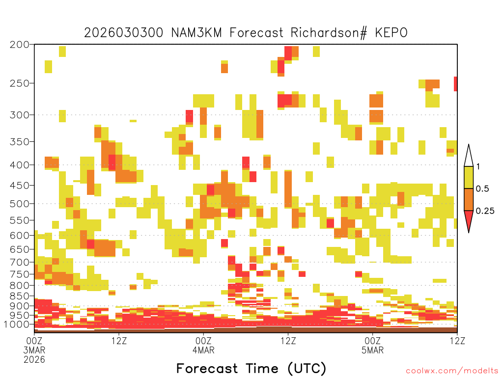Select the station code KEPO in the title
391,33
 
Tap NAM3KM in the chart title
196,33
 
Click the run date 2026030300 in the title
123,33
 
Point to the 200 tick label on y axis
20,45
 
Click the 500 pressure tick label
20,204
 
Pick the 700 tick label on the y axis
20,262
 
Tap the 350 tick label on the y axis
20,142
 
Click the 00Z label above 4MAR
203,341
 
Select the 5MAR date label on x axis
372,350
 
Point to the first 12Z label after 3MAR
119,341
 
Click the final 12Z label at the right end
457,341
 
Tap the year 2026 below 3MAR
34,359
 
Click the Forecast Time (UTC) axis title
251,369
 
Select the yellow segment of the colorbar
469,177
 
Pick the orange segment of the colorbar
469,199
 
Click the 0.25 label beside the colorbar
485,211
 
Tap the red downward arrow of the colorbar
469,219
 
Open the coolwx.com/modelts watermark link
452,371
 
